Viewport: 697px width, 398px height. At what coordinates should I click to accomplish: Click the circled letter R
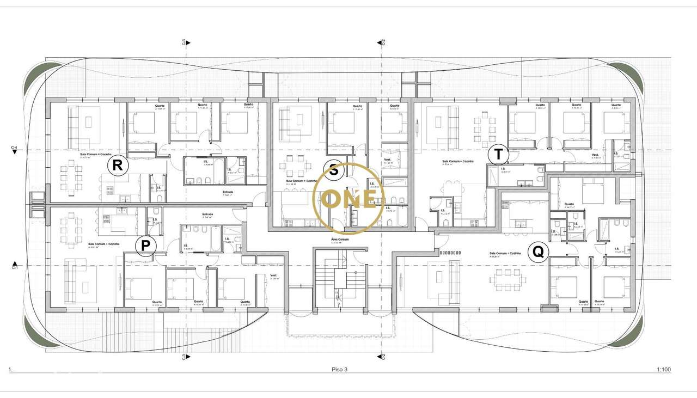click(x=118, y=165)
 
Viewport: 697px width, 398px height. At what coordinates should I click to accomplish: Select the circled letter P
click(x=145, y=246)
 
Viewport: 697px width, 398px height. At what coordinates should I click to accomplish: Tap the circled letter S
click(x=334, y=170)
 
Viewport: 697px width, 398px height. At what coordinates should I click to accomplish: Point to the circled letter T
click(x=498, y=155)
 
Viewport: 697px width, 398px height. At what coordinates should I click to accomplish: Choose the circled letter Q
click(x=538, y=252)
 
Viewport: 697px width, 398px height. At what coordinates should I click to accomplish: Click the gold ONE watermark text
click(x=349, y=199)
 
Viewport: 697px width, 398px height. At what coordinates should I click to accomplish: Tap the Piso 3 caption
click(x=339, y=370)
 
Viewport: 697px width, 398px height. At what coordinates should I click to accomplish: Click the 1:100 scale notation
click(x=663, y=370)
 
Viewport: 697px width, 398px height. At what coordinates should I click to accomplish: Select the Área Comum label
click(x=339, y=239)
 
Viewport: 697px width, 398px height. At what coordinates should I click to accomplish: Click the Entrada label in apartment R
click(x=228, y=192)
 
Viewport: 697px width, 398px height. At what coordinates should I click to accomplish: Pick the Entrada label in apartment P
click(x=207, y=214)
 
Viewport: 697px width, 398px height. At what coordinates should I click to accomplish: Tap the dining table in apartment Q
click(x=508, y=279)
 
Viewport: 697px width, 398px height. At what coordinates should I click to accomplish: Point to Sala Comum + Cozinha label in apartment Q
click(x=505, y=254)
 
